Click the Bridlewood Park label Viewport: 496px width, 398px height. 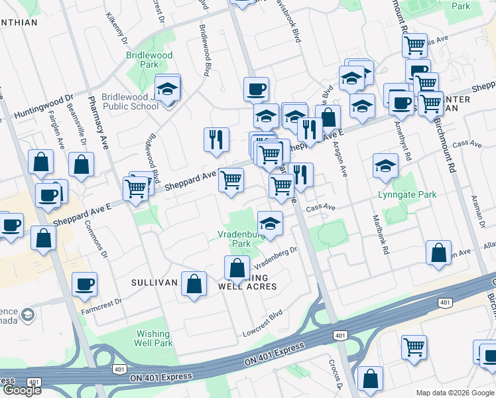coord(150,60)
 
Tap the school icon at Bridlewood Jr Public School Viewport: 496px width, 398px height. coord(168,88)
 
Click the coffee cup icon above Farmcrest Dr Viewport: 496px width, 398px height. coord(84,285)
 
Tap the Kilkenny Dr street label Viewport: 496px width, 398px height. coord(113,27)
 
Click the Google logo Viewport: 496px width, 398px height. coord(21,391)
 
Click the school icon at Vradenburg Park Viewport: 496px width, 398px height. coord(270,223)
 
